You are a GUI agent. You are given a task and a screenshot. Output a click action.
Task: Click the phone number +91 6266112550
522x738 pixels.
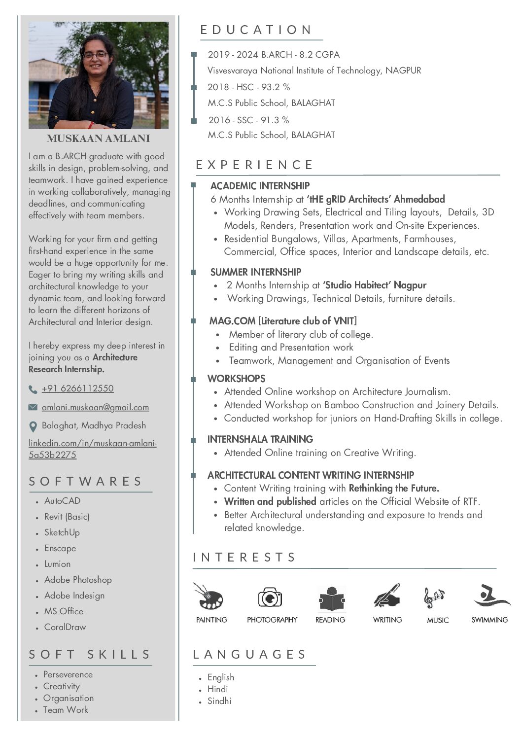coord(77,388)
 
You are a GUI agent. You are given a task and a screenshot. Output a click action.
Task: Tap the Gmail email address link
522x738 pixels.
coord(95,407)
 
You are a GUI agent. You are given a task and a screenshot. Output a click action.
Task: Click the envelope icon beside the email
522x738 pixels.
coord(33,407)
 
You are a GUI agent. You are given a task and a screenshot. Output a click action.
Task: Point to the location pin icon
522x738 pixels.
coord(33,426)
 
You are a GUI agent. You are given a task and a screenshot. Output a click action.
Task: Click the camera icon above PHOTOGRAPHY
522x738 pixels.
coord(270,597)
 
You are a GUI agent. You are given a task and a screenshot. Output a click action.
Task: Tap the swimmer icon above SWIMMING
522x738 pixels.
coord(490,596)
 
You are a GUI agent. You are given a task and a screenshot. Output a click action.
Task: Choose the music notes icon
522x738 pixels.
coord(434,597)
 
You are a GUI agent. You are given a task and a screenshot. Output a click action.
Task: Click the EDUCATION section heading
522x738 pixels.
coord(256,30)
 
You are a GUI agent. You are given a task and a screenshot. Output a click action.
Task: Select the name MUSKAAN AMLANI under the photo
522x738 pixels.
coord(98,139)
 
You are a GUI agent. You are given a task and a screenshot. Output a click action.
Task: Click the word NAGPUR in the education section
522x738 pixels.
coord(403,70)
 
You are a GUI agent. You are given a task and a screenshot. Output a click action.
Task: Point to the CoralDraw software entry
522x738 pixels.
coord(65,627)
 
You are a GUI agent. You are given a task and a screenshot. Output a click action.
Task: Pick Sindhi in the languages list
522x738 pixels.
coord(219,701)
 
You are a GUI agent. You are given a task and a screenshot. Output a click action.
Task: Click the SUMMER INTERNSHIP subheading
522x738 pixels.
coord(255,272)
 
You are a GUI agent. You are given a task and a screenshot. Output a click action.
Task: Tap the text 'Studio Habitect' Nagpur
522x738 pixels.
coord(375,285)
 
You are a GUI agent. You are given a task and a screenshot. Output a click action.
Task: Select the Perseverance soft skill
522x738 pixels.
coord(68,674)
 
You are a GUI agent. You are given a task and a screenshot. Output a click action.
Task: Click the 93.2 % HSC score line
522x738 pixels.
coord(249,87)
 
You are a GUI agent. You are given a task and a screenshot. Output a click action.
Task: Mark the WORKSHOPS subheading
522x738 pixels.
coord(236,379)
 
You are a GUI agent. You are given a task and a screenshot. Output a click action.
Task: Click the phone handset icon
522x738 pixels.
coord(33,389)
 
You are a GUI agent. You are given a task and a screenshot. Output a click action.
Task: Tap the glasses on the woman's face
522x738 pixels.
coord(95,55)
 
